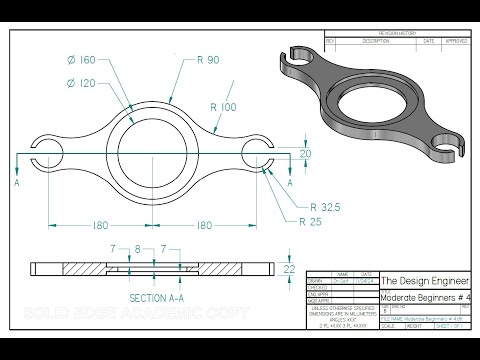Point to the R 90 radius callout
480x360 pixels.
coord(208,61)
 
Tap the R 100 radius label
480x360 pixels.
coord(225,106)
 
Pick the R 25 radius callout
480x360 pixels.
coord(317,221)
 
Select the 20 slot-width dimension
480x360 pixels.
coord(306,153)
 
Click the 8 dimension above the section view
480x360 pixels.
coord(137,248)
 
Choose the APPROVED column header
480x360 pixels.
coord(455,41)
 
